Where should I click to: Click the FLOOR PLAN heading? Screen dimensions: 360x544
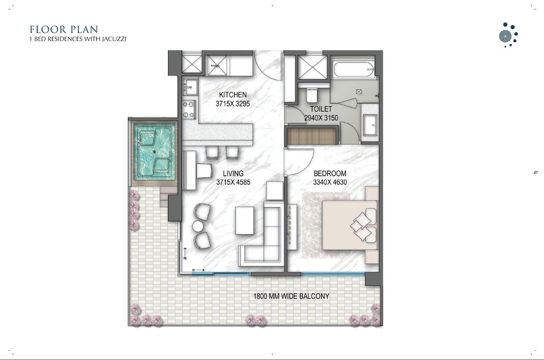[x=64, y=29]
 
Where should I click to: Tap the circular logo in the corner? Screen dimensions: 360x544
[x=508, y=35]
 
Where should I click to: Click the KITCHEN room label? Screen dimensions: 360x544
[x=233, y=95]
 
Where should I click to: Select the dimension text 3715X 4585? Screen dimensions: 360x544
[x=233, y=182]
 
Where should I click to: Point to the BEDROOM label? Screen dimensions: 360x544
[x=330, y=173]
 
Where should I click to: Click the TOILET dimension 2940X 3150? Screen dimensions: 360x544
[x=321, y=118]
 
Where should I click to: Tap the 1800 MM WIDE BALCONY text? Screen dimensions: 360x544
[x=291, y=296]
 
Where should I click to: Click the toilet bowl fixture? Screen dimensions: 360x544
[x=312, y=95]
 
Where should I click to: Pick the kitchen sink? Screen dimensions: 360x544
[x=190, y=87]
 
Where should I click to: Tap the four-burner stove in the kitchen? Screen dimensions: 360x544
[x=189, y=109]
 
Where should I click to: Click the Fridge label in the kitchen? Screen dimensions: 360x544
[x=215, y=66]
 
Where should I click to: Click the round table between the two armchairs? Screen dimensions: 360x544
[x=198, y=226]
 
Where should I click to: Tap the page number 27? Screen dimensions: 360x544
[x=536, y=172]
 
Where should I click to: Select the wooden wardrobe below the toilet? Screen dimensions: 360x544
[x=312, y=136]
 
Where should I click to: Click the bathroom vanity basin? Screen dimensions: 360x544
[x=370, y=125]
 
